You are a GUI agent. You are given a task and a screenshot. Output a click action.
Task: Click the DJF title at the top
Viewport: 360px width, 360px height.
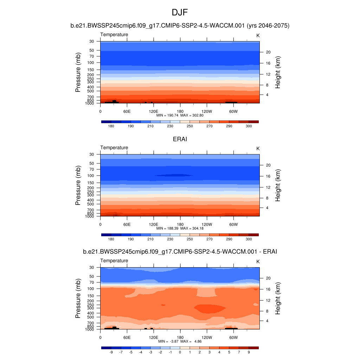(x=180, y=13)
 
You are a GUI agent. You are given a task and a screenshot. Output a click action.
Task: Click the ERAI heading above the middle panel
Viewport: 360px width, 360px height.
(x=180, y=139)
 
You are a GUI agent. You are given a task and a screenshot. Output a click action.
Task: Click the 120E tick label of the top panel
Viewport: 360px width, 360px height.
(x=153, y=111)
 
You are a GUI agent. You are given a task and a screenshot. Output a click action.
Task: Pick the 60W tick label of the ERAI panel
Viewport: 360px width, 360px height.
(x=233, y=225)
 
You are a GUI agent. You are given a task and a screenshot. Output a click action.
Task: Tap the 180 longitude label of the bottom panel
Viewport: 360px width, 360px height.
(x=180, y=338)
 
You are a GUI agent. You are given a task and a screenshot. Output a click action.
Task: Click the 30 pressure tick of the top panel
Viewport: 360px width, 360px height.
(x=92, y=41)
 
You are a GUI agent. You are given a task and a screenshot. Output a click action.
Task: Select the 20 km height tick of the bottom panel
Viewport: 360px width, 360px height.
(x=267, y=278)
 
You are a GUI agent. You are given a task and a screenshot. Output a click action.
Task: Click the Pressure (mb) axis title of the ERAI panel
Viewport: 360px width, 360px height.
(x=78, y=185)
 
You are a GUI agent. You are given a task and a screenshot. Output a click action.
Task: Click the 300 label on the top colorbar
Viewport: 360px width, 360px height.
(x=249, y=126)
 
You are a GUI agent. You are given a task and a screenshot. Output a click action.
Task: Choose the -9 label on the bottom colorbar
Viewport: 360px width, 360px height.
(x=111, y=352)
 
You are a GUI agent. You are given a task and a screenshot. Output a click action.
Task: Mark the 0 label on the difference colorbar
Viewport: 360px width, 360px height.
(x=180, y=352)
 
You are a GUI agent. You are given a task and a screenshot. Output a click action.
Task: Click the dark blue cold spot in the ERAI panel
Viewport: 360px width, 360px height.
(x=174, y=175)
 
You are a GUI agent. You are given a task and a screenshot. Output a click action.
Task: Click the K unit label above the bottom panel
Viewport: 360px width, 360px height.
(x=258, y=262)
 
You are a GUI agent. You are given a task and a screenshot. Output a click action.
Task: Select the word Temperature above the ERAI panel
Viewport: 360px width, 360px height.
(x=114, y=148)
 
